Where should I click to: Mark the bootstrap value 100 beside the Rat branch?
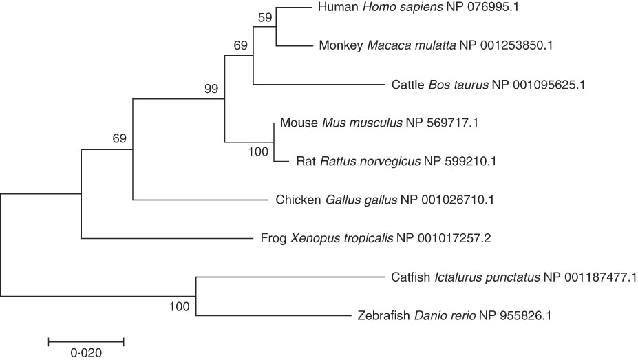258,152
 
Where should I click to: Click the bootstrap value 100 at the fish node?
180,306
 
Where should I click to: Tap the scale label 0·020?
85,354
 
